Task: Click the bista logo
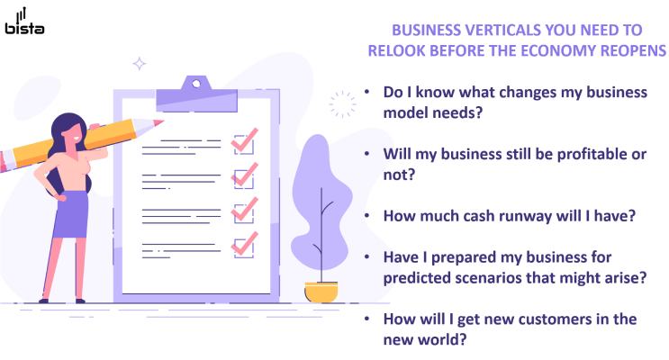click(24, 22)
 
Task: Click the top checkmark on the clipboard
click(245, 139)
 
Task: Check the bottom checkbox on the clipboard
click(244, 248)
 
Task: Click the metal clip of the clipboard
click(196, 94)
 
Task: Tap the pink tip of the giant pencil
click(158, 122)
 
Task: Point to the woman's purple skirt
click(71, 214)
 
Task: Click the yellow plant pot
click(321, 292)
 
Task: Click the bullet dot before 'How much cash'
click(367, 215)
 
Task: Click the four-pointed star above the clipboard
click(139, 64)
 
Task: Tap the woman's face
click(74, 134)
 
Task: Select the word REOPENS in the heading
click(634, 50)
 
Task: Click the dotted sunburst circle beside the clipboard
click(342, 104)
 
